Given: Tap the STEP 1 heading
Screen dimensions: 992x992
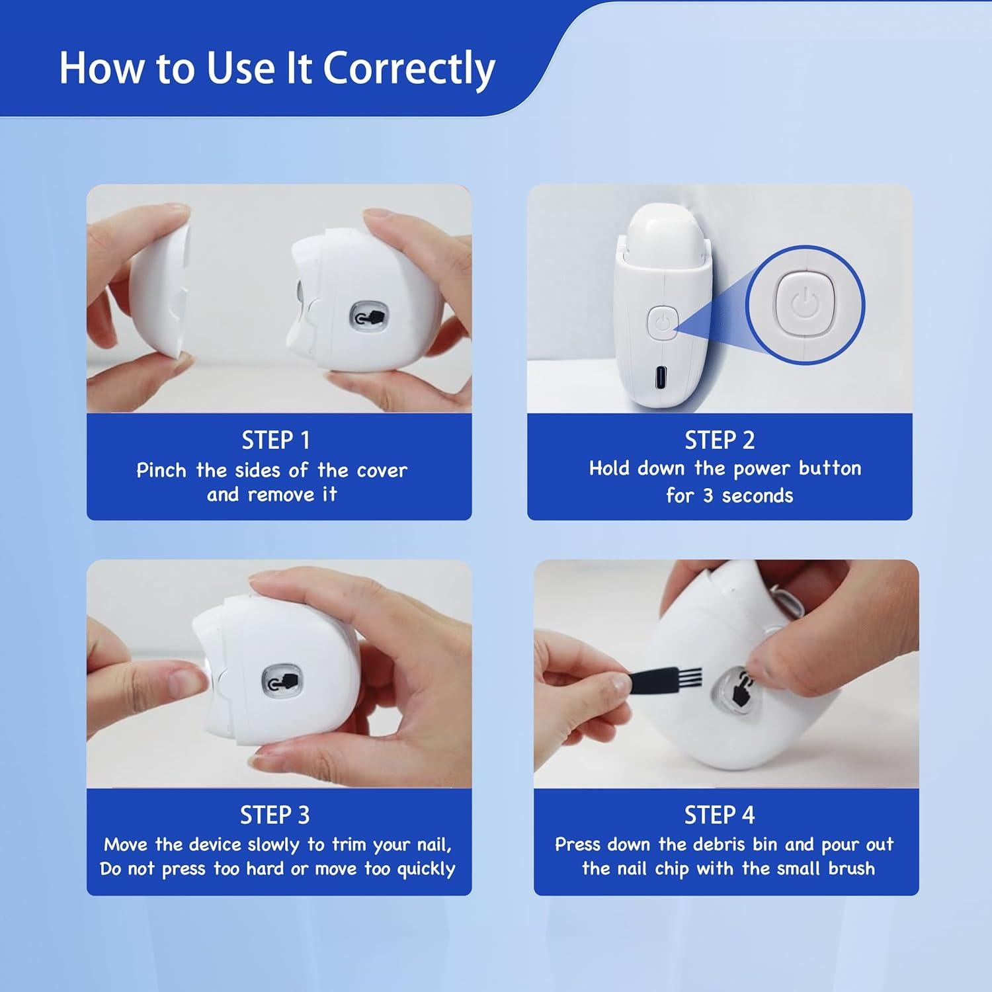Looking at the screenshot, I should [275, 440].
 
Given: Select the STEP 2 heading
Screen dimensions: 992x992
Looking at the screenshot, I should [720, 440].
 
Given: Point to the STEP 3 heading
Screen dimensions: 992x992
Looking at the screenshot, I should [274, 815].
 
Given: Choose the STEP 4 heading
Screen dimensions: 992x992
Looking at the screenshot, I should [720, 815].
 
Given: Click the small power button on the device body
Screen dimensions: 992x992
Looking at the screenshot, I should [663, 323].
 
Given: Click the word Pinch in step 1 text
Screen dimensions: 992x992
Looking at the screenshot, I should [161, 470].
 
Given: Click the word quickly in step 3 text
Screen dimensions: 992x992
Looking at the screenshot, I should [426, 869].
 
